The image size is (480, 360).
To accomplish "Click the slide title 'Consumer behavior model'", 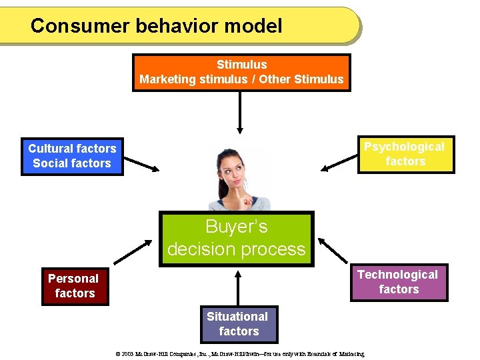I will point(157,26).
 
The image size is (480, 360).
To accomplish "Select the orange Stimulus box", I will point(241,73).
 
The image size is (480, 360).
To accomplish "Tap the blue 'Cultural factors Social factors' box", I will point(72,156).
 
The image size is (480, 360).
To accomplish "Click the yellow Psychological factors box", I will point(405,154).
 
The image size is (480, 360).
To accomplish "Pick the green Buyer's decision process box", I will point(236,238).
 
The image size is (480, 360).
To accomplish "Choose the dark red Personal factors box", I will point(74,286).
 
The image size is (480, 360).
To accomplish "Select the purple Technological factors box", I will point(398,282).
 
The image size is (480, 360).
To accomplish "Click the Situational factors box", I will point(238,324).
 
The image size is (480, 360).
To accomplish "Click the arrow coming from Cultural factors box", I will point(142,163).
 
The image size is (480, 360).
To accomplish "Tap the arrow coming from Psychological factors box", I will point(339,162).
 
